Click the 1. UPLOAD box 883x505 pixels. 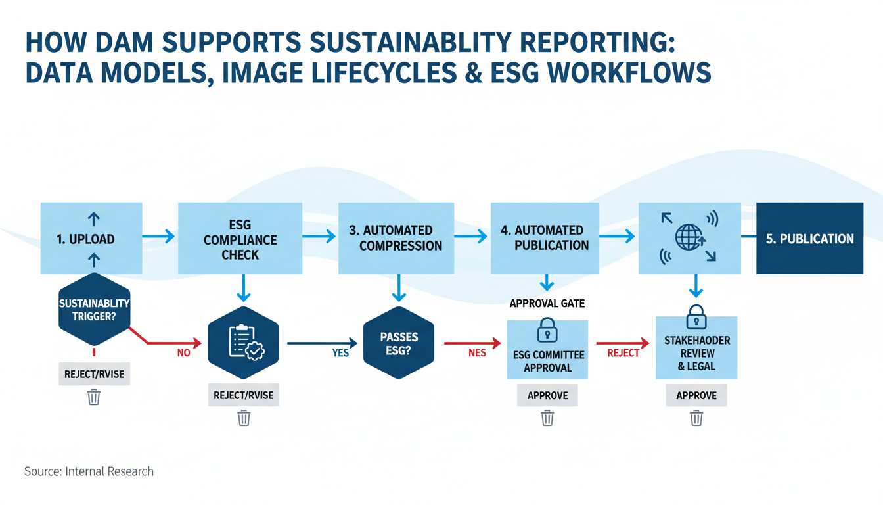click(91, 238)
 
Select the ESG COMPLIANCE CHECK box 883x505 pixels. click(240, 238)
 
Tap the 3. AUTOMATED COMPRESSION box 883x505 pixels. click(396, 238)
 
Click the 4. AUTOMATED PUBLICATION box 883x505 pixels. click(545, 237)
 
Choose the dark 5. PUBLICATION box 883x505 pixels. click(809, 238)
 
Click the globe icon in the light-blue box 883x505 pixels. click(689, 237)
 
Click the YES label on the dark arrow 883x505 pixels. click(340, 353)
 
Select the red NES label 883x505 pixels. click(477, 353)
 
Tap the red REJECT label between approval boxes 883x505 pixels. click(623, 353)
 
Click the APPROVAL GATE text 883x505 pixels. click(547, 304)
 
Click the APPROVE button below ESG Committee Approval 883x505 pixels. click(547, 396)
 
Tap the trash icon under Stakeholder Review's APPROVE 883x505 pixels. click(696, 418)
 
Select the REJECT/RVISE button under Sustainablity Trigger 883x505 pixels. click(94, 374)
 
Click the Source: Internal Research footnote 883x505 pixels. click(89, 471)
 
